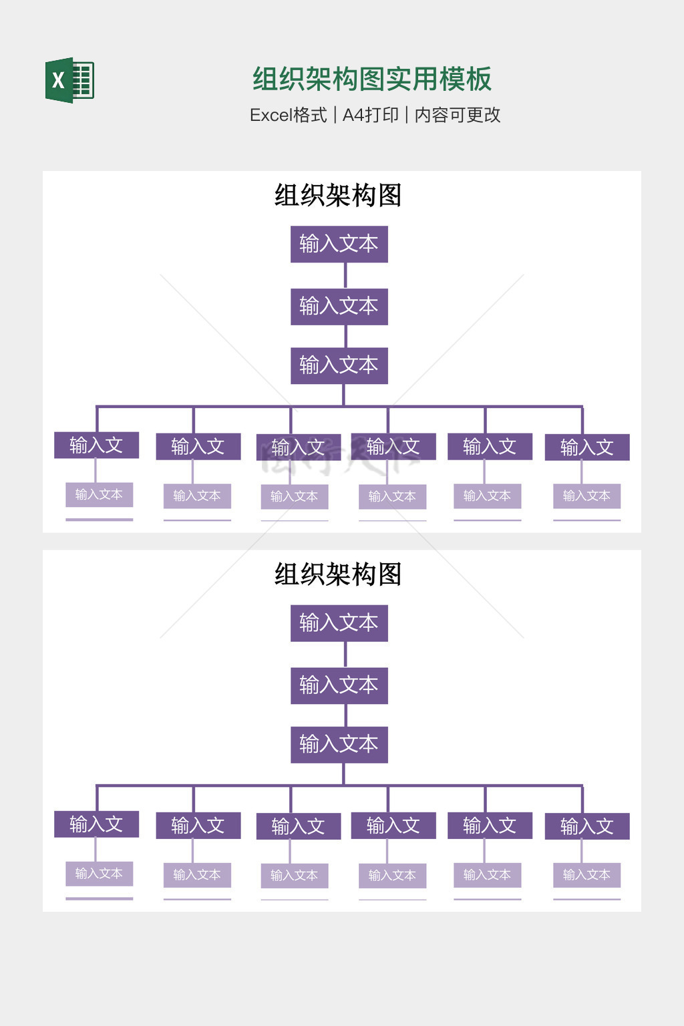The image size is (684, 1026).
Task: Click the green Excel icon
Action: point(69,80)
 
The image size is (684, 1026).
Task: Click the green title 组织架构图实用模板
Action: point(371,79)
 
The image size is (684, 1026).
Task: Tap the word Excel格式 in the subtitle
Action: point(288,115)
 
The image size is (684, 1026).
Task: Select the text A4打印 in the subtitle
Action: point(370,115)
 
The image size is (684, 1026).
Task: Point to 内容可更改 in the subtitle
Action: point(458,115)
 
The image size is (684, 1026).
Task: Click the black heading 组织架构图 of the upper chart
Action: point(338,195)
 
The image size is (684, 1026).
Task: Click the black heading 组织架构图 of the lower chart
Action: point(338,574)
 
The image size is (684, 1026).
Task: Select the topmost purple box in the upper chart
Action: point(339,244)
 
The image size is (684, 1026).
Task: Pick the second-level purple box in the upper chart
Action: point(339,307)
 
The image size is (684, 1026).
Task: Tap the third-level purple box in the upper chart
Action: point(339,365)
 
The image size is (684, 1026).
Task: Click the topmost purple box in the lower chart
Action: point(339,623)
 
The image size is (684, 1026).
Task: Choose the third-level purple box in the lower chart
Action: point(339,744)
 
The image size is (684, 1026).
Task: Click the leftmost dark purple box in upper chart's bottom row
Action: point(96,445)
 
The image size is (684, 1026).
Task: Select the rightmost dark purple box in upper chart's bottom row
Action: point(587,447)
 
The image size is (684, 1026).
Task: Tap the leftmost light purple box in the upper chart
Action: point(99,494)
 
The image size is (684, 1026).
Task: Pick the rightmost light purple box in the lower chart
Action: point(586,874)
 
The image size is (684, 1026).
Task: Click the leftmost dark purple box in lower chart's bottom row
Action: point(96,824)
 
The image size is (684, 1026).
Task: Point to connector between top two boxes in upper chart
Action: point(345,275)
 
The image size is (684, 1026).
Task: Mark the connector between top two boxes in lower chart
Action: point(345,655)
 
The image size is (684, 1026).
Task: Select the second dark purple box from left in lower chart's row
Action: point(198,826)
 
